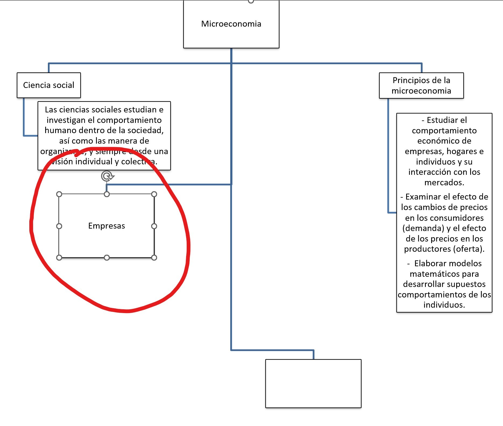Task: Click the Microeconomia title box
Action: pos(231,24)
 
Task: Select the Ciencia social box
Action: pos(49,85)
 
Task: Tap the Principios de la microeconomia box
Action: pos(421,85)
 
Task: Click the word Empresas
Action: pos(107,226)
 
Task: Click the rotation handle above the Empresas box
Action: pos(107,176)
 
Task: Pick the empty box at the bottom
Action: pos(313,383)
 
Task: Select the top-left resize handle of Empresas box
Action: pos(59,194)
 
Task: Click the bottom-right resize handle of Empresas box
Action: pos(154,258)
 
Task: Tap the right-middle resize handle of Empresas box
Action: pos(154,226)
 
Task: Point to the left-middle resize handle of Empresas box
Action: pos(59,226)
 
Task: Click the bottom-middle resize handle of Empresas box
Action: pos(107,258)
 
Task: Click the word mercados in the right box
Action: pos(444,183)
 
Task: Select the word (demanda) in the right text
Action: pos(423,228)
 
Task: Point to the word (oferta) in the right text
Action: pos(469,249)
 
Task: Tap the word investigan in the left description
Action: pos(66,120)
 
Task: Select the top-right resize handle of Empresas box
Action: pos(154,194)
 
